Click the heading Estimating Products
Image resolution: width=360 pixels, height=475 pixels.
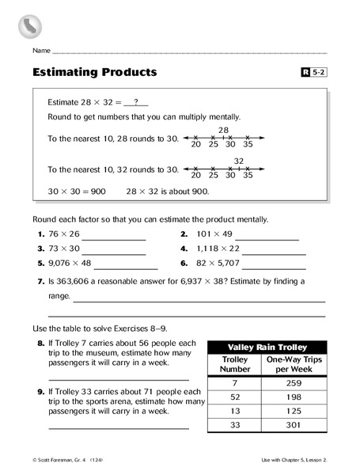[x=94, y=72]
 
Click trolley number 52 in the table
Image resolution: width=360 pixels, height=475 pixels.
[x=235, y=397]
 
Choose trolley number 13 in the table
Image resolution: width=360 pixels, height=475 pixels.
[x=235, y=411]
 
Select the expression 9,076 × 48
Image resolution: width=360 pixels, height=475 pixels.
[x=70, y=263]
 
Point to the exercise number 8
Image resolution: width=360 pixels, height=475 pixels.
[x=40, y=344]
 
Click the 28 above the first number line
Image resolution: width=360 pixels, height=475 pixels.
[x=223, y=130]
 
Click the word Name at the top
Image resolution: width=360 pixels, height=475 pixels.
[x=42, y=50]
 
